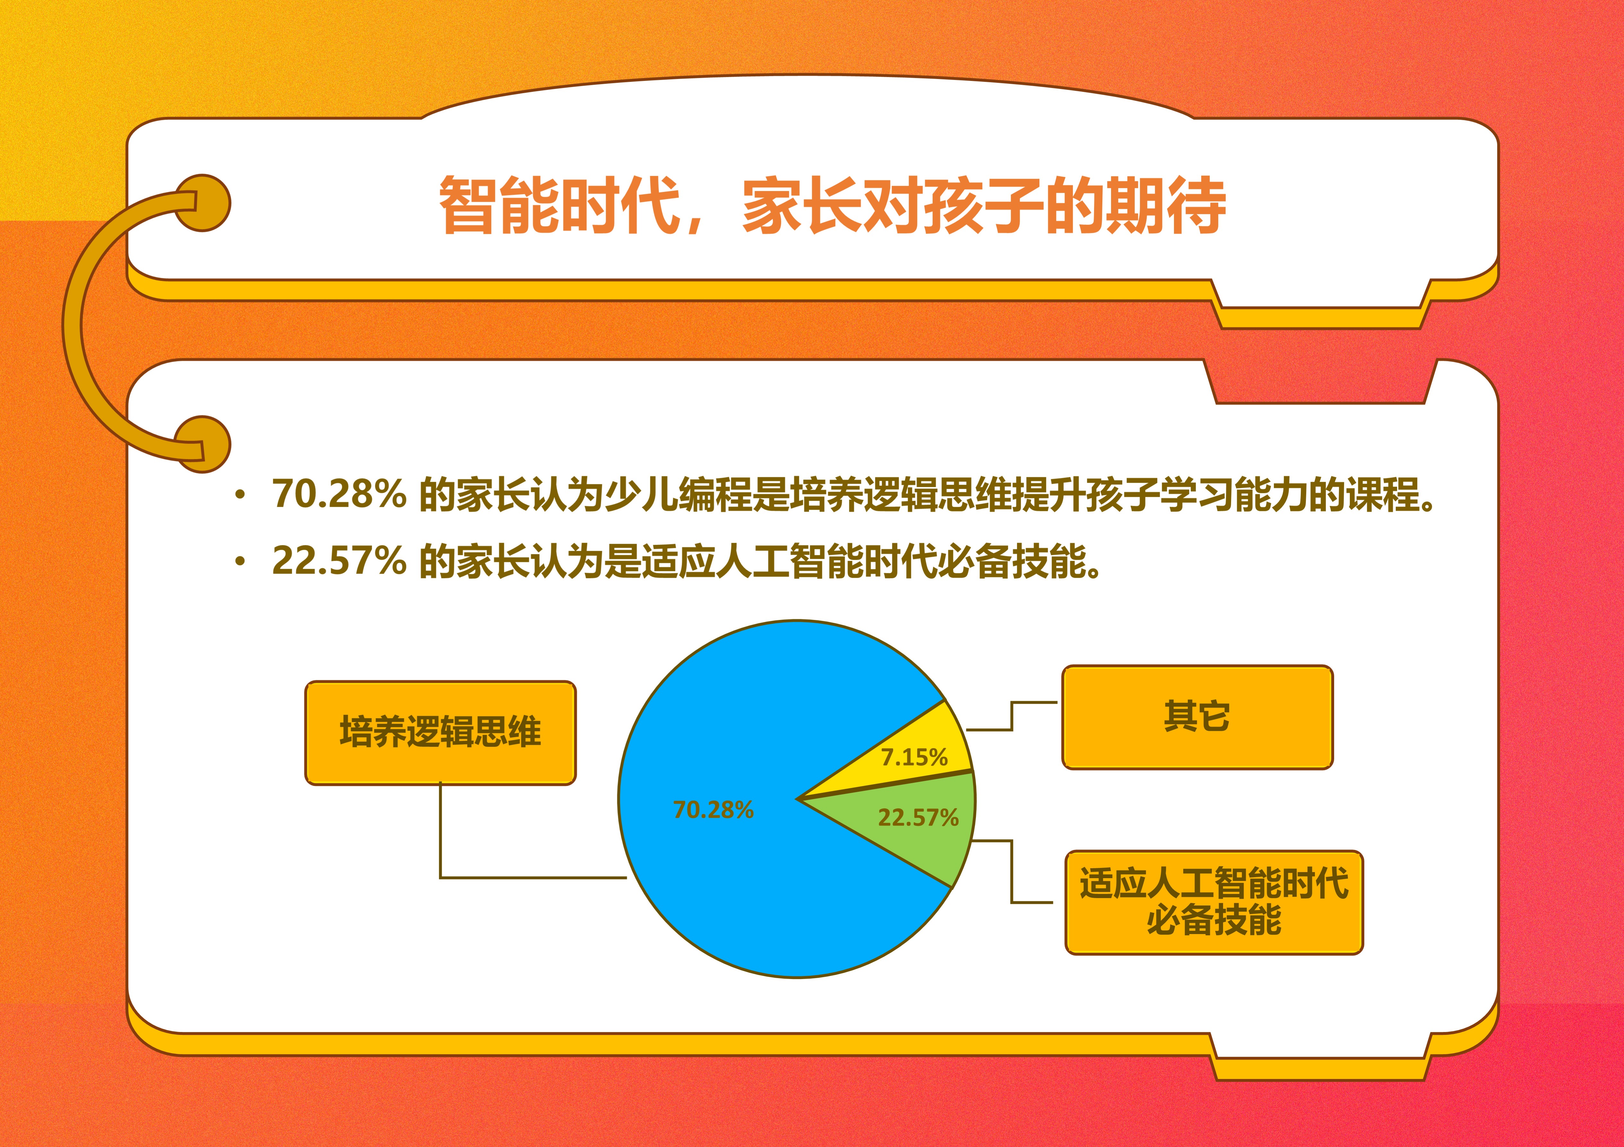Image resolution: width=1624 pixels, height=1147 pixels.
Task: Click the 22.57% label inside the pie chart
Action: (918, 818)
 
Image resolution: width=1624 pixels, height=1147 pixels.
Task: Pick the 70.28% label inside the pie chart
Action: (713, 809)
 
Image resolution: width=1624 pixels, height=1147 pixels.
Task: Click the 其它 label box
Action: (1197, 717)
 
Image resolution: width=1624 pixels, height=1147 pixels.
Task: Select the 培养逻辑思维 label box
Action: (440, 732)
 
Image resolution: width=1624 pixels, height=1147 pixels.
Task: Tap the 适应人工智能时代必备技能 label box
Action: (1214, 902)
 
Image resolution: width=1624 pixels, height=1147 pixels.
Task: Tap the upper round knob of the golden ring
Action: (203, 203)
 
